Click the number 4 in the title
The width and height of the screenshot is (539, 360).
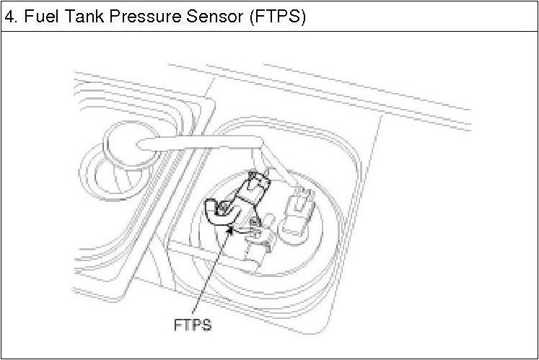coord(9,17)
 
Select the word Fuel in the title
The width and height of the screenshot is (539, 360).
coord(37,17)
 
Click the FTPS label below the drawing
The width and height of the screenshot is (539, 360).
coord(193,325)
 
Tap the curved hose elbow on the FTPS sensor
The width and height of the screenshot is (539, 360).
coord(216,212)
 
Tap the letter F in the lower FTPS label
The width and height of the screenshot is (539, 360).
coord(178,325)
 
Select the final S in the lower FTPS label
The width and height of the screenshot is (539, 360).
coord(206,325)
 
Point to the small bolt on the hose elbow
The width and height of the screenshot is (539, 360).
coord(224,209)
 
